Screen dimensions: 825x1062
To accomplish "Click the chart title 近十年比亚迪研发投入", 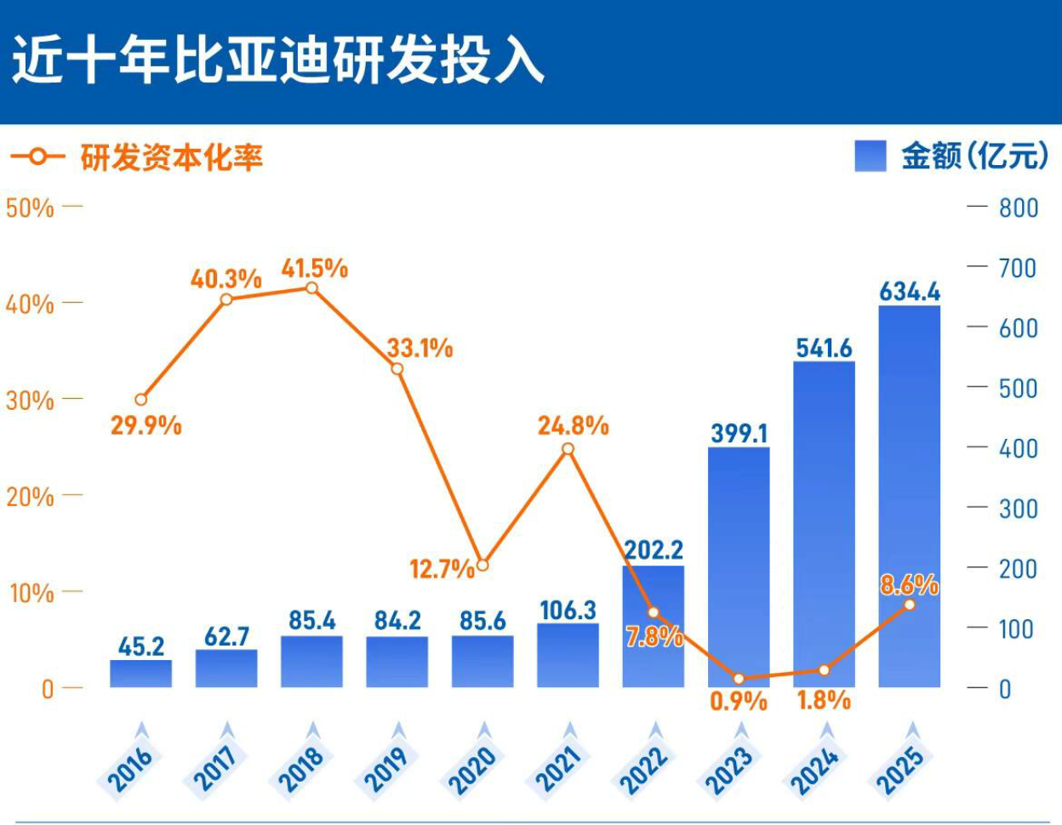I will point(277,61).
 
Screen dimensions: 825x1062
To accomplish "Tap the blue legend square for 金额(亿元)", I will point(871,156).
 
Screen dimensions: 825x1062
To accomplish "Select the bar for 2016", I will point(140,674).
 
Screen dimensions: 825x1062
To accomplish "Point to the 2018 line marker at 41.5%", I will point(312,288).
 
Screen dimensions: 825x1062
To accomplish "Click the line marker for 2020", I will point(482,565).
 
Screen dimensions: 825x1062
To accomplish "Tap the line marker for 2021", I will point(568,449).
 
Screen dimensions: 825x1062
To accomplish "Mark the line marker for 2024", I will point(824,670).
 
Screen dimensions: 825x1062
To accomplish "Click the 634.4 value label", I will point(910,292).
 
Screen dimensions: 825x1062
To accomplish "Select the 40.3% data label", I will point(226,278).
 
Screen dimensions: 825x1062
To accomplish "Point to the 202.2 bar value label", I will point(654,549).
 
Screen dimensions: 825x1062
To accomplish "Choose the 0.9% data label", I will point(739,702).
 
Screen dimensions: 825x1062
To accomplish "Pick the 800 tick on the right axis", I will point(1019,208).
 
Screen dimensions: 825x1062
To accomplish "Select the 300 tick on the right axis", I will point(1019,509).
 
